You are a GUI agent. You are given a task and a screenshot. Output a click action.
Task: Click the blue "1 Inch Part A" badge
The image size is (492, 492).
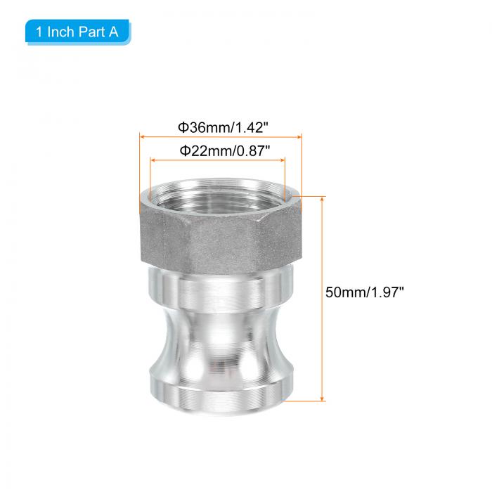pos(78,32)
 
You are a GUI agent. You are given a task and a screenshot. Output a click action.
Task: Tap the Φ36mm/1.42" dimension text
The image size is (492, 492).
pos(223,128)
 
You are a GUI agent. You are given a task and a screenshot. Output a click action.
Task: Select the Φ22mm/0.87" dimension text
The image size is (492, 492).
pos(225,151)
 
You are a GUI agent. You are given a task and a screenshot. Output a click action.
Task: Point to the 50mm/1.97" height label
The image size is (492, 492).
pos(364,292)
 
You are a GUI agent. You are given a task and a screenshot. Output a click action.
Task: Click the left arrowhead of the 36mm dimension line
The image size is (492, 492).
pos(142,137)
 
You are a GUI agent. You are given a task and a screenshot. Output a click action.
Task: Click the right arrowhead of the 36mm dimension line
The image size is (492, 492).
pos(299,137)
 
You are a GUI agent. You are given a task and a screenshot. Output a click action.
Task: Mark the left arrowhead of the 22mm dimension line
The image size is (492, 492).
pos(153,160)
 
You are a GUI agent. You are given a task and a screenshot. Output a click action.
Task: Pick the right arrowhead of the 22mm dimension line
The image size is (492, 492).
pos(283,160)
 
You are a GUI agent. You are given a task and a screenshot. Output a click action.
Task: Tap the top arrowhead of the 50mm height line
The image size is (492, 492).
pos(322,199)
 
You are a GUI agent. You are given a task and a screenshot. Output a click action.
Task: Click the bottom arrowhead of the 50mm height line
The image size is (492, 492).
pos(322,399)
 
